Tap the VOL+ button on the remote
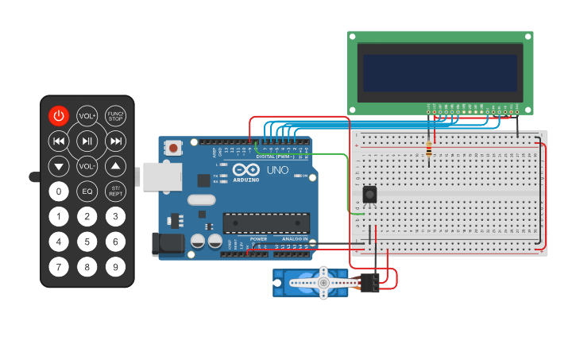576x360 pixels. [87, 116]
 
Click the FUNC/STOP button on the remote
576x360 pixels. [116, 116]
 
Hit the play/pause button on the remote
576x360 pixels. [87, 141]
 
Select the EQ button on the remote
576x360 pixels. [87, 192]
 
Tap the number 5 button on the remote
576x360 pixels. [87, 242]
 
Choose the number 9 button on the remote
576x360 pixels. [116, 267]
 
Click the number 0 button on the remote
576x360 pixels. [59, 192]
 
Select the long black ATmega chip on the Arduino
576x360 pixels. [265, 223]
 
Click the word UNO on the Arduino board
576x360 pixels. [277, 170]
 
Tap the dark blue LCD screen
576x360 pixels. [440, 73]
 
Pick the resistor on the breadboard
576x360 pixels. [430, 149]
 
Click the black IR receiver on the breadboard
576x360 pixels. [369, 194]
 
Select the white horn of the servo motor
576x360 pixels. [323, 282]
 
